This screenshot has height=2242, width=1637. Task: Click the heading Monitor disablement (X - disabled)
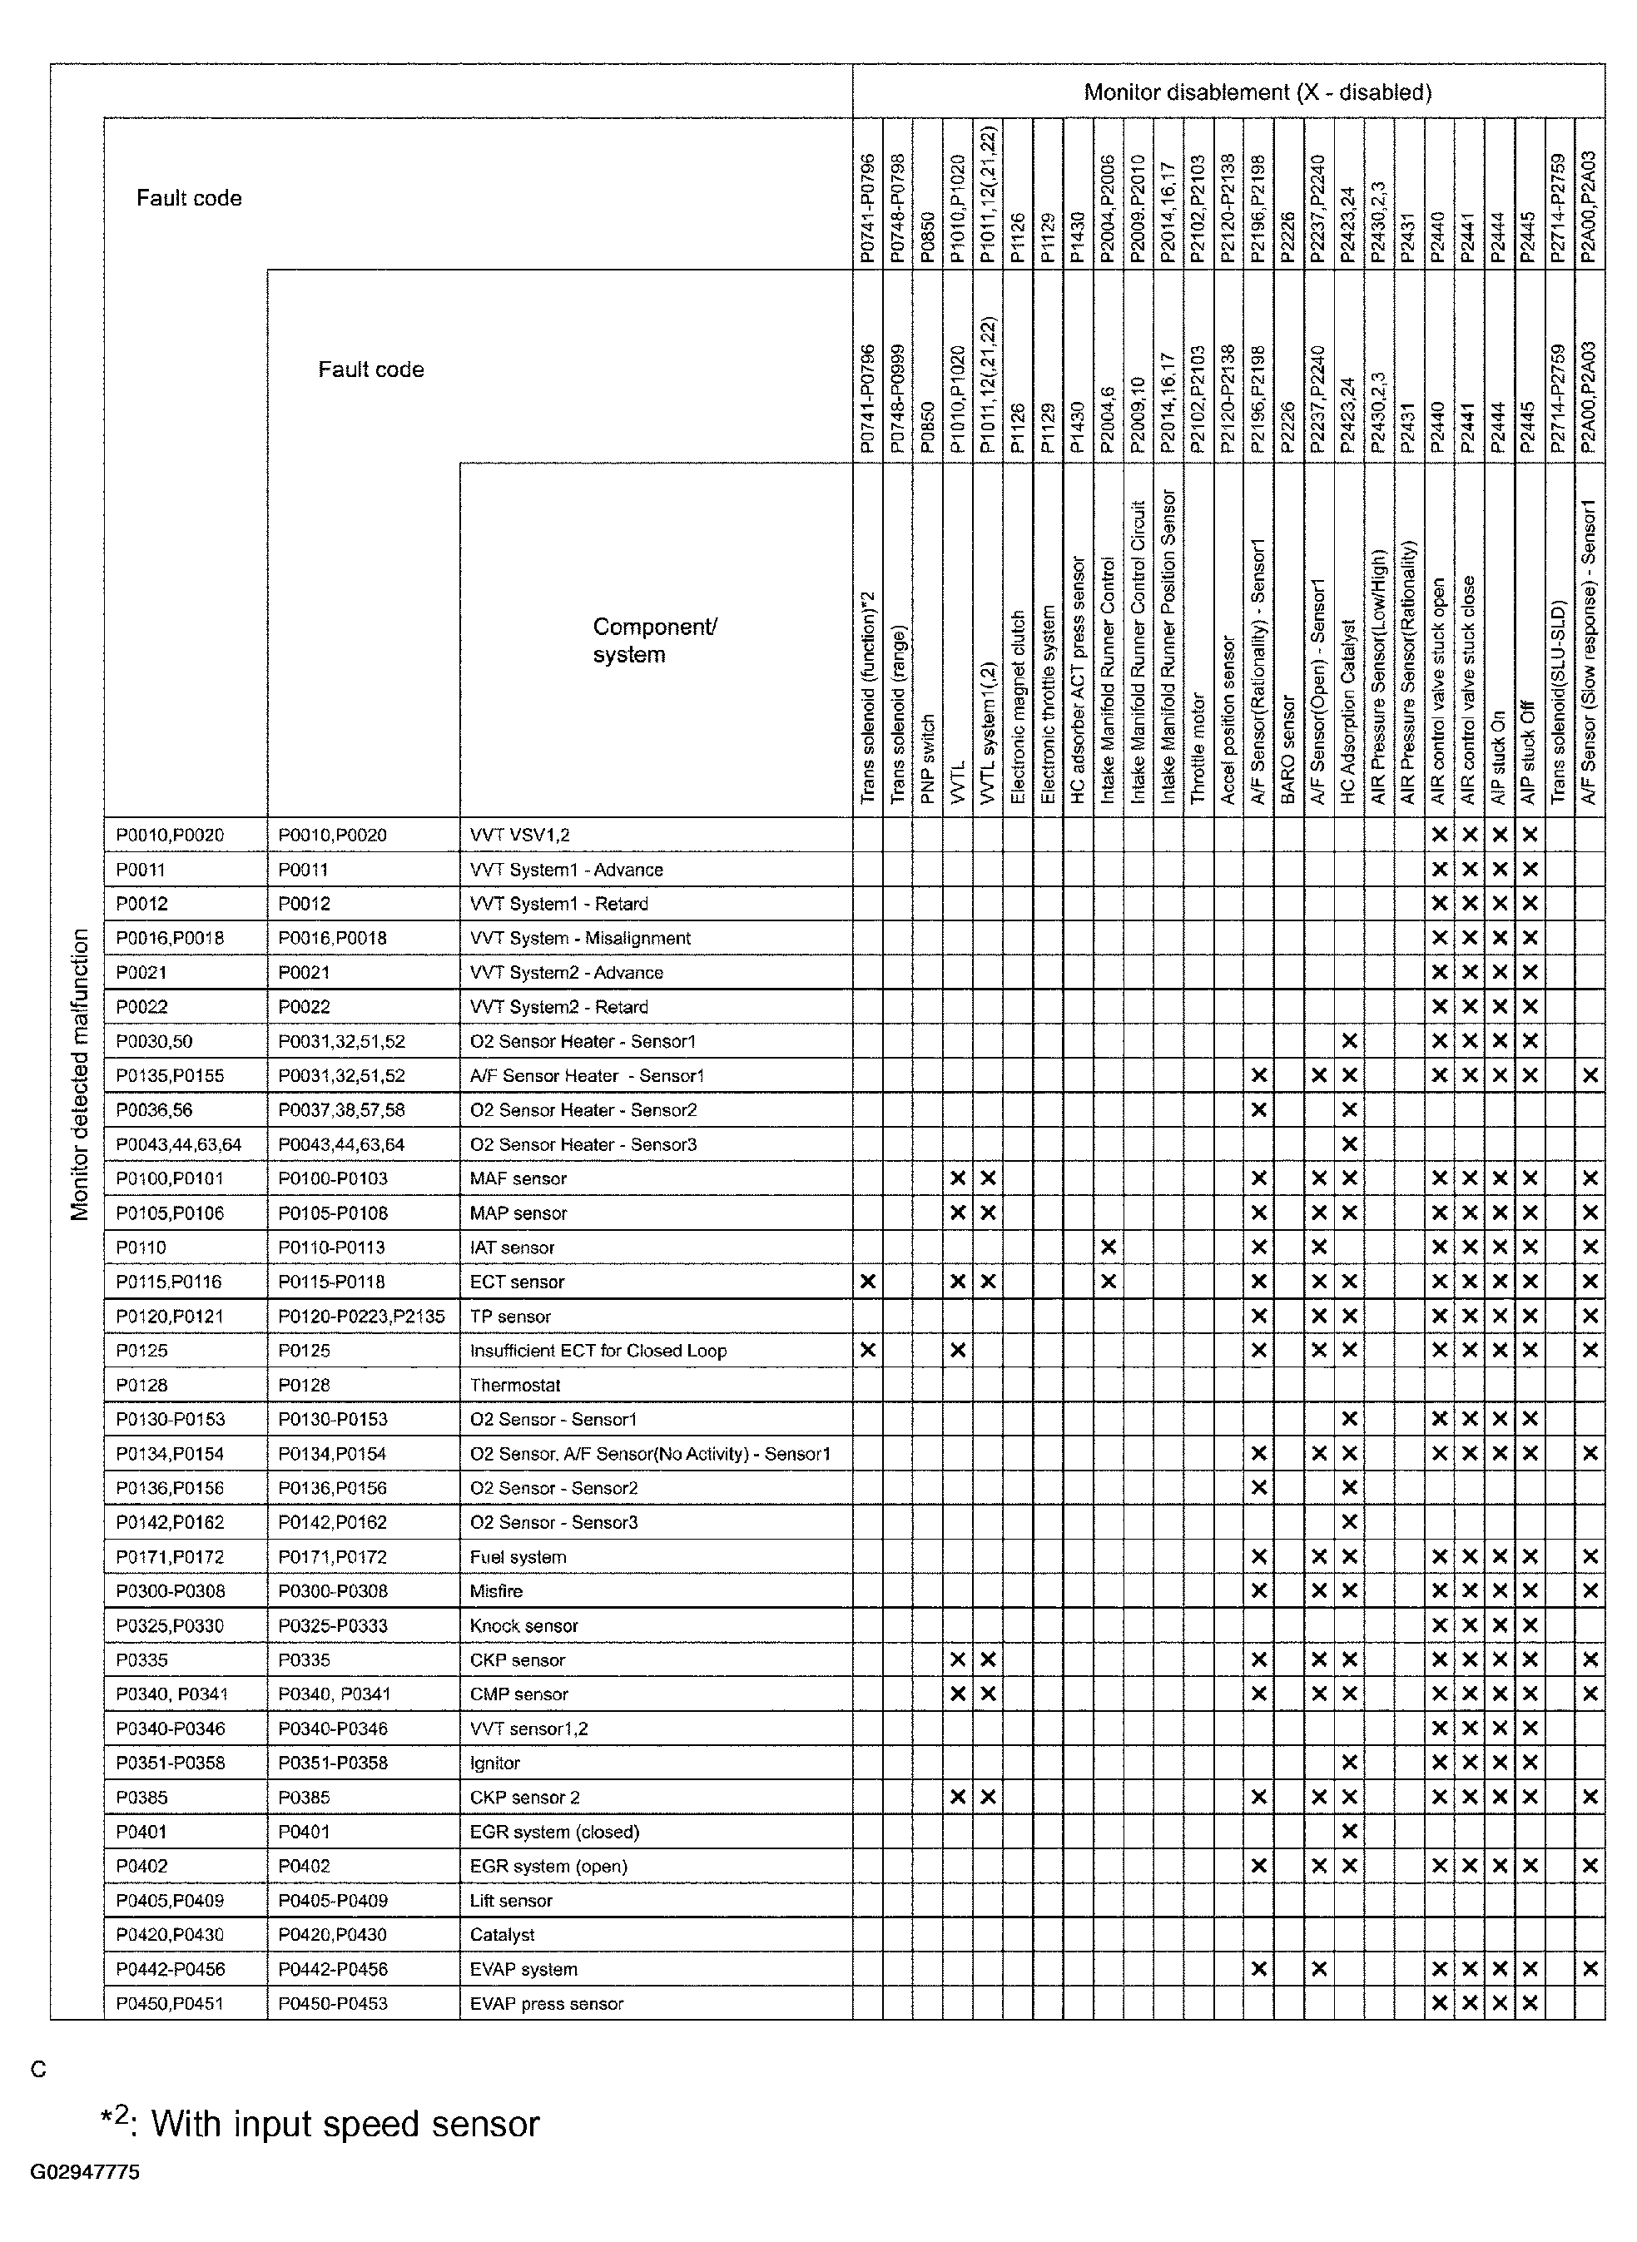click(x=1257, y=93)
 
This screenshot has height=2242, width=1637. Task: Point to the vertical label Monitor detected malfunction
click(x=79, y=1075)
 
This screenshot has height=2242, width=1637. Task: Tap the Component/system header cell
click(x=654, y=640)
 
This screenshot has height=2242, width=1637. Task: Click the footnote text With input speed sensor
click(x=345, y=2124)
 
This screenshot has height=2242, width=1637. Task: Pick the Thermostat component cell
click(x=515, y=1385)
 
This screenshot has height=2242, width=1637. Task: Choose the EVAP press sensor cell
click(x=546, y=2003)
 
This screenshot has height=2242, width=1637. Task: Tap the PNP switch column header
click(x=927, y=758)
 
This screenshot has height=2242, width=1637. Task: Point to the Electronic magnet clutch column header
click(x=1018, y=707)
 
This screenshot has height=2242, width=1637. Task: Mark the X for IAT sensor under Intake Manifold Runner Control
click(x=1108, y=1247)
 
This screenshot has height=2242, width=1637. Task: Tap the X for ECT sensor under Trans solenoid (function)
click(x=868, y=1282)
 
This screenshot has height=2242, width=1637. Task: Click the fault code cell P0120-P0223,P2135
click(x=360, y=1317)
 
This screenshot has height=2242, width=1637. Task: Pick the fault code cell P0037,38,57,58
click(x=341, y=1109)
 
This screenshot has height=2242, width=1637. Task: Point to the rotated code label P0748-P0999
click(x=898, y=399)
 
